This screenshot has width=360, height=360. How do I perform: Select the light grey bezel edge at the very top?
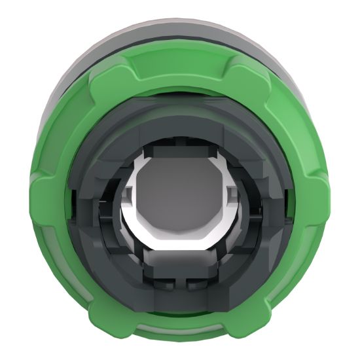click(x=180, y=14)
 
